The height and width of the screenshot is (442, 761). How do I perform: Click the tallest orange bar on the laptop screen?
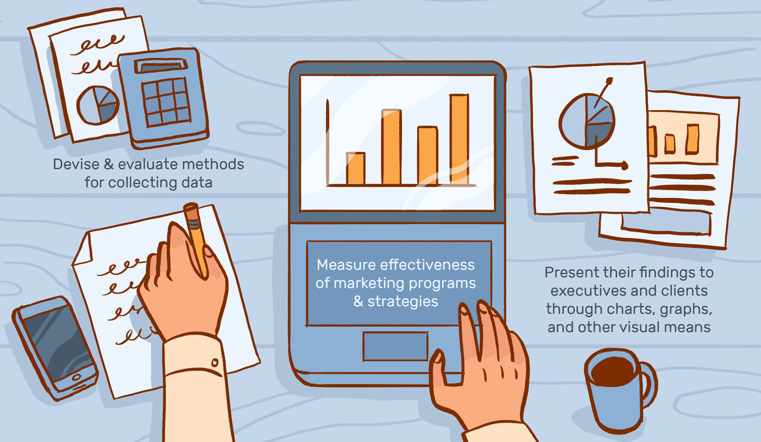click(x=459, y=139)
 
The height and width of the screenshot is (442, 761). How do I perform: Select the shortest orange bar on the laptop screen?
click(x=356, y=168)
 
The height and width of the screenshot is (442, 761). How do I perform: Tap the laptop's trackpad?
click(x=395, y=346)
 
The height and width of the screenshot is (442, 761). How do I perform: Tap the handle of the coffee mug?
click(x=649, y=385)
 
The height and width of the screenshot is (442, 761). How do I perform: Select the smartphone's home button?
click(x=77, y=377)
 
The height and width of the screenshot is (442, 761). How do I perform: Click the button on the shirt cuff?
click(x=215, y=363)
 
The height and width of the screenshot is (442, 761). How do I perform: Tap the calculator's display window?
click(x=161, y=66)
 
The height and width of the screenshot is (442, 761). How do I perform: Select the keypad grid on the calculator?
click(x=166, y=102)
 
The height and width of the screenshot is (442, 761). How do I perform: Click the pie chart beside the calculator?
click(x=98, y=105)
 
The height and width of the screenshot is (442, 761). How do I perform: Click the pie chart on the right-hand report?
click(x=586, y=121)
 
